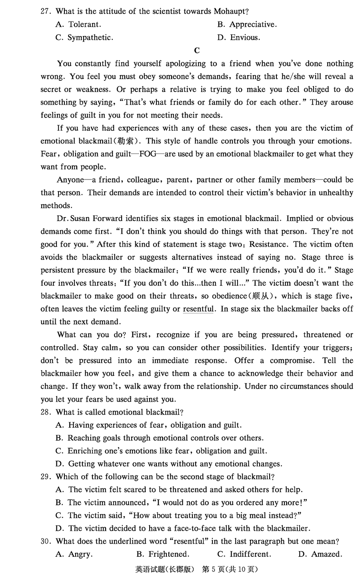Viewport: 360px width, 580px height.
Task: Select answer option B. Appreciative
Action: point(247,24)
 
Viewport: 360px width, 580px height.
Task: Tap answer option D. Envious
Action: point(238,38)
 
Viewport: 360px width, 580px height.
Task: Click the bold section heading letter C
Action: point(196,50)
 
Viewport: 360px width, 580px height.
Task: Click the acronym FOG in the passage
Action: point(148,154)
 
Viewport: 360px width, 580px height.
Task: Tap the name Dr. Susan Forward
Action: point(90,219)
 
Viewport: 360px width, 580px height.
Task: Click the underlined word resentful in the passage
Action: point(198,309)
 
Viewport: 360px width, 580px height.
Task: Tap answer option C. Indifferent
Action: point(244,554)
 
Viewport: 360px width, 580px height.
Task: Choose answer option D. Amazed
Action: point(320,554)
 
